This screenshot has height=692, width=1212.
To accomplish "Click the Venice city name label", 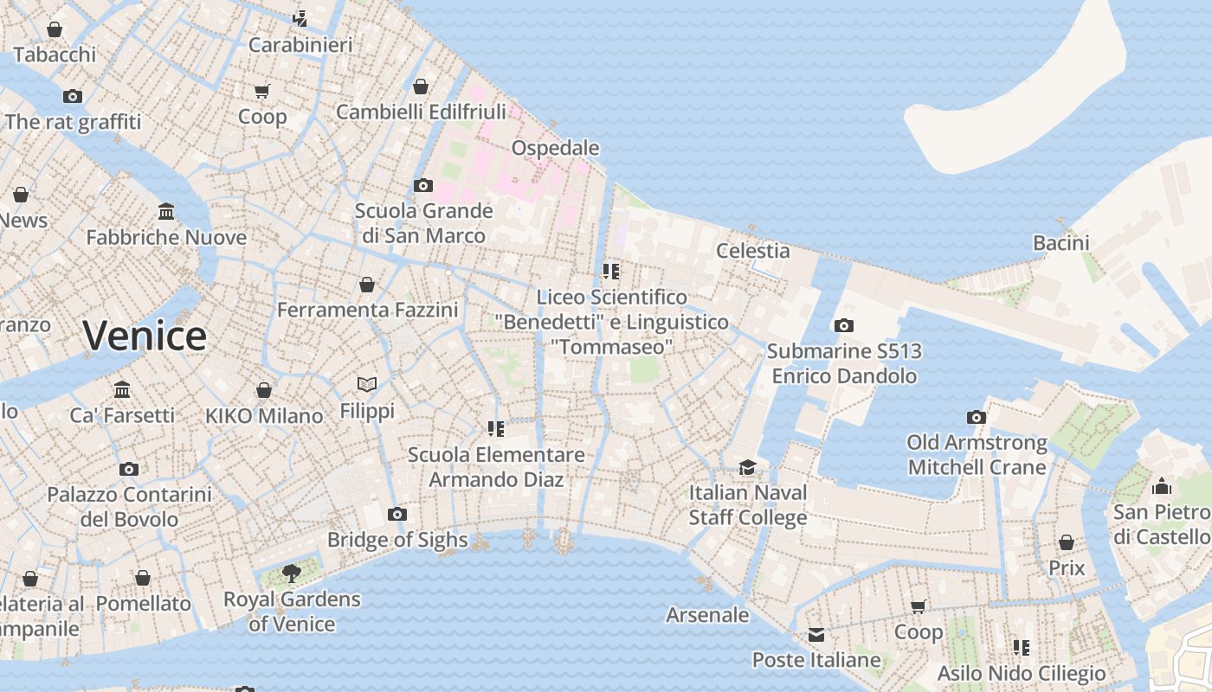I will [x=145, y=336].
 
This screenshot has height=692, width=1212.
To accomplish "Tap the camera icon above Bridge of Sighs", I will [x=397, y=514].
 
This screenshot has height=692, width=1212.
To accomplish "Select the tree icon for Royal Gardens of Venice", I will [x=292, y=573].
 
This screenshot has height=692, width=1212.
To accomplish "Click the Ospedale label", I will [x=555, y=148].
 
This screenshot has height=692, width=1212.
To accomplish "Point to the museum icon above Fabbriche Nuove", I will [x=166, y=211].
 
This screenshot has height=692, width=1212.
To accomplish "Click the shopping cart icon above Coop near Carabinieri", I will [x=262, y=91].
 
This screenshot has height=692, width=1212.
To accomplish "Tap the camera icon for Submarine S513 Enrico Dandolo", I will [x=843, y=325].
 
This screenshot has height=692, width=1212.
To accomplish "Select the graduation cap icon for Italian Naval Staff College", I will [x=747, y=467].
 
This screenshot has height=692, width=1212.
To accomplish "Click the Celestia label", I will [x=752, y=251].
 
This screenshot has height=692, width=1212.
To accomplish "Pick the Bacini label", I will [x=1060, y=243].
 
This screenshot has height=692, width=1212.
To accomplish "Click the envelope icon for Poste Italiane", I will [x=816, y=635].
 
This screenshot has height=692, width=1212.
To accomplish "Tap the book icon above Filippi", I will [x=367, y=384].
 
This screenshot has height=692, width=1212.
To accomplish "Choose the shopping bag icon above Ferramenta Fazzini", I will [x=367, y=284].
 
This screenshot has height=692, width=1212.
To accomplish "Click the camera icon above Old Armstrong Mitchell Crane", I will [x=977, y=417].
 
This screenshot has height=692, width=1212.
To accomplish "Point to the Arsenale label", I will [x=707, y=615].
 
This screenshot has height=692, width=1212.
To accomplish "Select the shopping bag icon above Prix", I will [x=1067, y=542].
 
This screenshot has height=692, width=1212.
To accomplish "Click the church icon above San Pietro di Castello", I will [x=1162, y=486].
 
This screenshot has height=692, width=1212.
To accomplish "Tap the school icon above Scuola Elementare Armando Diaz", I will [x=496, y=429].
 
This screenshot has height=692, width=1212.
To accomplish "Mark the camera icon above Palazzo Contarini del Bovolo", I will [x=129, y=469].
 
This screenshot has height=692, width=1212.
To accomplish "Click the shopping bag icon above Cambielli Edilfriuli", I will [x=421, y=86].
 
